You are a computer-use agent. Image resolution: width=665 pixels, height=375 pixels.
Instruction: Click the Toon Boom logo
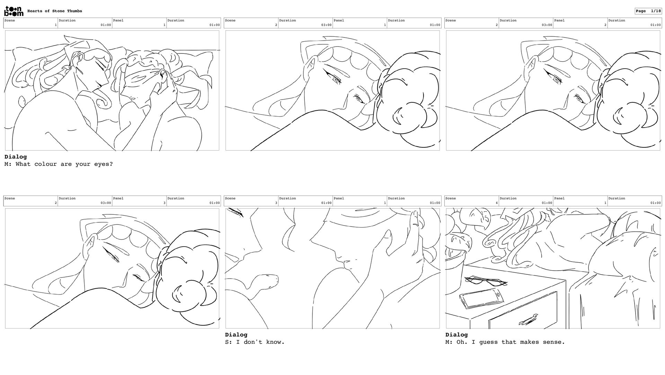(x=14, y=11)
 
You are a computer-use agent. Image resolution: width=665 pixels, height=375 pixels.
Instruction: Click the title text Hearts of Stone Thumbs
(x=55, y=11)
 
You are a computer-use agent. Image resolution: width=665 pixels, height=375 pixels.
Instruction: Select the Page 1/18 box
(x=648, y=11)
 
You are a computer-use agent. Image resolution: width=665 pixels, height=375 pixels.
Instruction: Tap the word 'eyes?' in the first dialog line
(x=104, y=164)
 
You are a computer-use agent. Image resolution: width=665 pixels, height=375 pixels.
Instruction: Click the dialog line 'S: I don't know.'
(x=255, y=342)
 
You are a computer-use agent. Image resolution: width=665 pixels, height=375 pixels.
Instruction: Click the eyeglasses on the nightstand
(x=486, y=281)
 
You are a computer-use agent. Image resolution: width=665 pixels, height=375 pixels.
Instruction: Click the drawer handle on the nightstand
(x=528, y=320)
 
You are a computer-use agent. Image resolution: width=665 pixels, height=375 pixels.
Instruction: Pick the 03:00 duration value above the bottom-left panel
(x=106, y=203)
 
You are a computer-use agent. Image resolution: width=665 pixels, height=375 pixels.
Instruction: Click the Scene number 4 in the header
(x=496, y=203)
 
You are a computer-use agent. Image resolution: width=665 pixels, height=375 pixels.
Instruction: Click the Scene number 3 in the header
(x=276, y=203)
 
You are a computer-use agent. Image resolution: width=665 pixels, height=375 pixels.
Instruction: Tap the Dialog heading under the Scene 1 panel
(x=16, y=157)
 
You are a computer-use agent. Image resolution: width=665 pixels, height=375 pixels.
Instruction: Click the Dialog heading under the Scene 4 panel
(x=456, y=335)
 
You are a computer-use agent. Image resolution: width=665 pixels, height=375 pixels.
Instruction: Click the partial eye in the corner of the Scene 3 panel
(x=236, y=212)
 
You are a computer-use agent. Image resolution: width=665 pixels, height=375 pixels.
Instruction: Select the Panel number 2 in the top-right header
(x=605, y=25)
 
